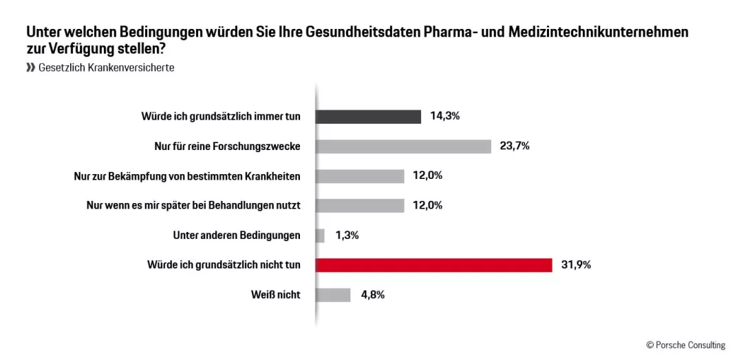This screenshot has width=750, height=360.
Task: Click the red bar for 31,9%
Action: pos(433,265)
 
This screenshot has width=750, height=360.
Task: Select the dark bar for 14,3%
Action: pos(368,116)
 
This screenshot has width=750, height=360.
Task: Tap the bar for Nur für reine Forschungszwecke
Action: pos(403,146)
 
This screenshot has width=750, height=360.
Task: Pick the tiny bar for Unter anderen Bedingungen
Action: pos(320,235)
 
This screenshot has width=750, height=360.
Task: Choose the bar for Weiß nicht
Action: pos(333,295)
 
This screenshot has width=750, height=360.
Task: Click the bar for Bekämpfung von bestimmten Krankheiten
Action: pos(360,176)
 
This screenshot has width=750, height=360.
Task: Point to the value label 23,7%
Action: pos(515,146)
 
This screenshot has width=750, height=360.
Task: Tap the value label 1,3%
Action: pos(347,235)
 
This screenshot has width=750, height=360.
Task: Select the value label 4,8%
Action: pos(372,295)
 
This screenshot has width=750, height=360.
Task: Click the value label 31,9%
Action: pos(577,265)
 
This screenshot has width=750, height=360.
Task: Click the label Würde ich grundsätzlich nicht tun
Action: pos(224,265)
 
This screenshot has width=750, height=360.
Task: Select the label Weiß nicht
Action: pos(275,295)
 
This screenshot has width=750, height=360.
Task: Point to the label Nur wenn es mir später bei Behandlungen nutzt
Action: pos(193,205)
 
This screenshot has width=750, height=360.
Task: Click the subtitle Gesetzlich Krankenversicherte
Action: pos(107,67)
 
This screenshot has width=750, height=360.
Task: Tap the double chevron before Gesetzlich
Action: pos(30,67)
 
